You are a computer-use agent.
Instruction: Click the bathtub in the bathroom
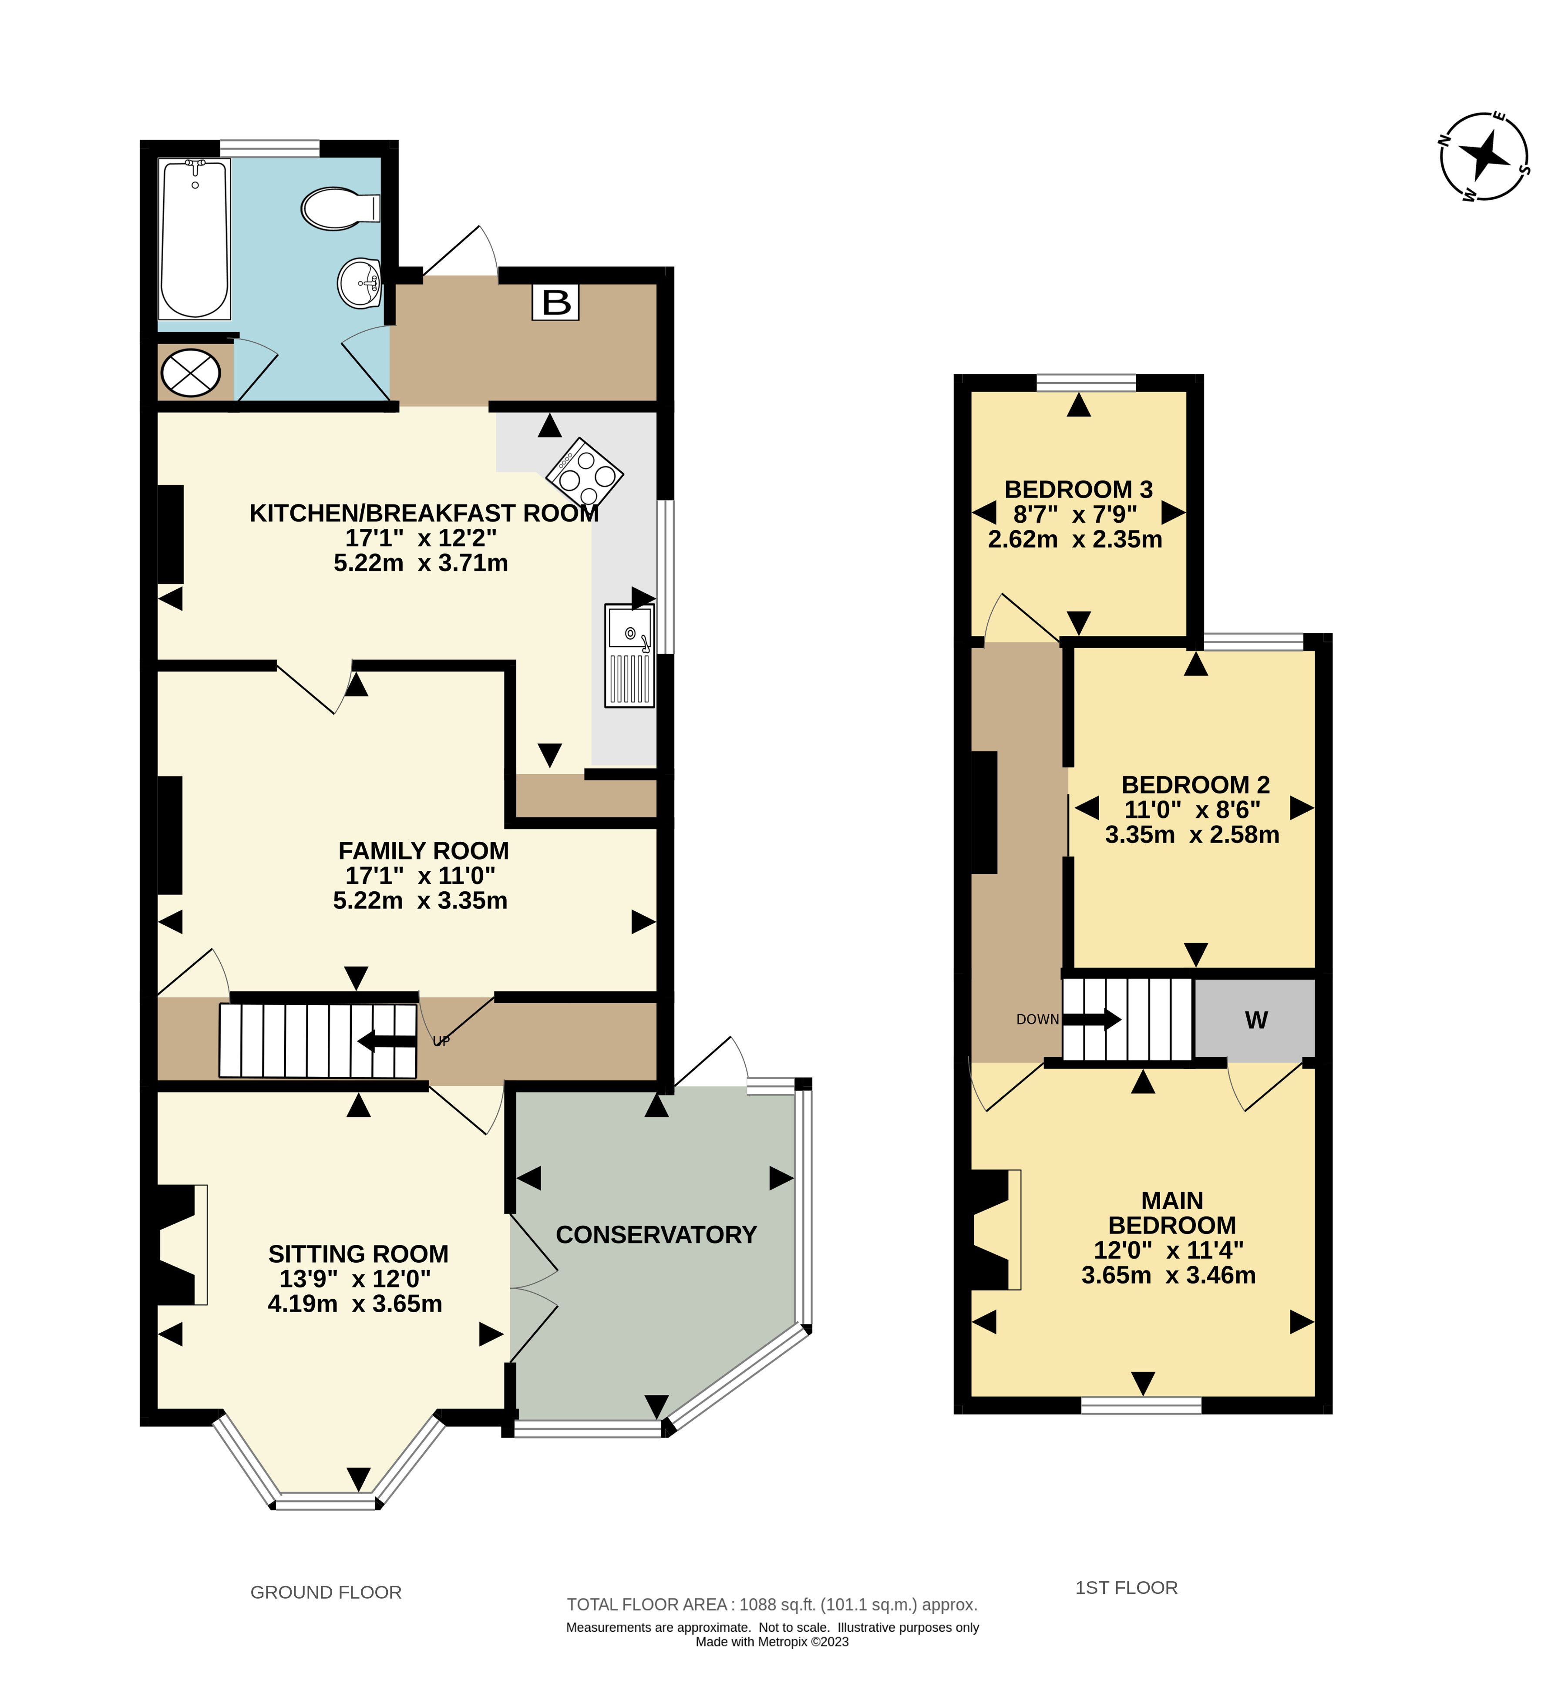pos(195,239)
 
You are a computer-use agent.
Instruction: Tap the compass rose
pos(1484,157)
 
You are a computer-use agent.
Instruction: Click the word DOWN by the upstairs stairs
pos(1037,1019)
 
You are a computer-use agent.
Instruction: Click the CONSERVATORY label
pos(656,1234)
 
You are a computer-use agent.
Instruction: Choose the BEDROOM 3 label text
pos(1078,489)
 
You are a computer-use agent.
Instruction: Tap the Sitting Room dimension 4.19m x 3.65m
pos(355,1304)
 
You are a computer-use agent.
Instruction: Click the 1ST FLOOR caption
pos(1126,1588)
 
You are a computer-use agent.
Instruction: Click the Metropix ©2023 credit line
pos(772,1642)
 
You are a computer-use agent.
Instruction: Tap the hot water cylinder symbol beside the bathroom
pos(191,373)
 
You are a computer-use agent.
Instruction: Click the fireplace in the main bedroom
pos(996,1230)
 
